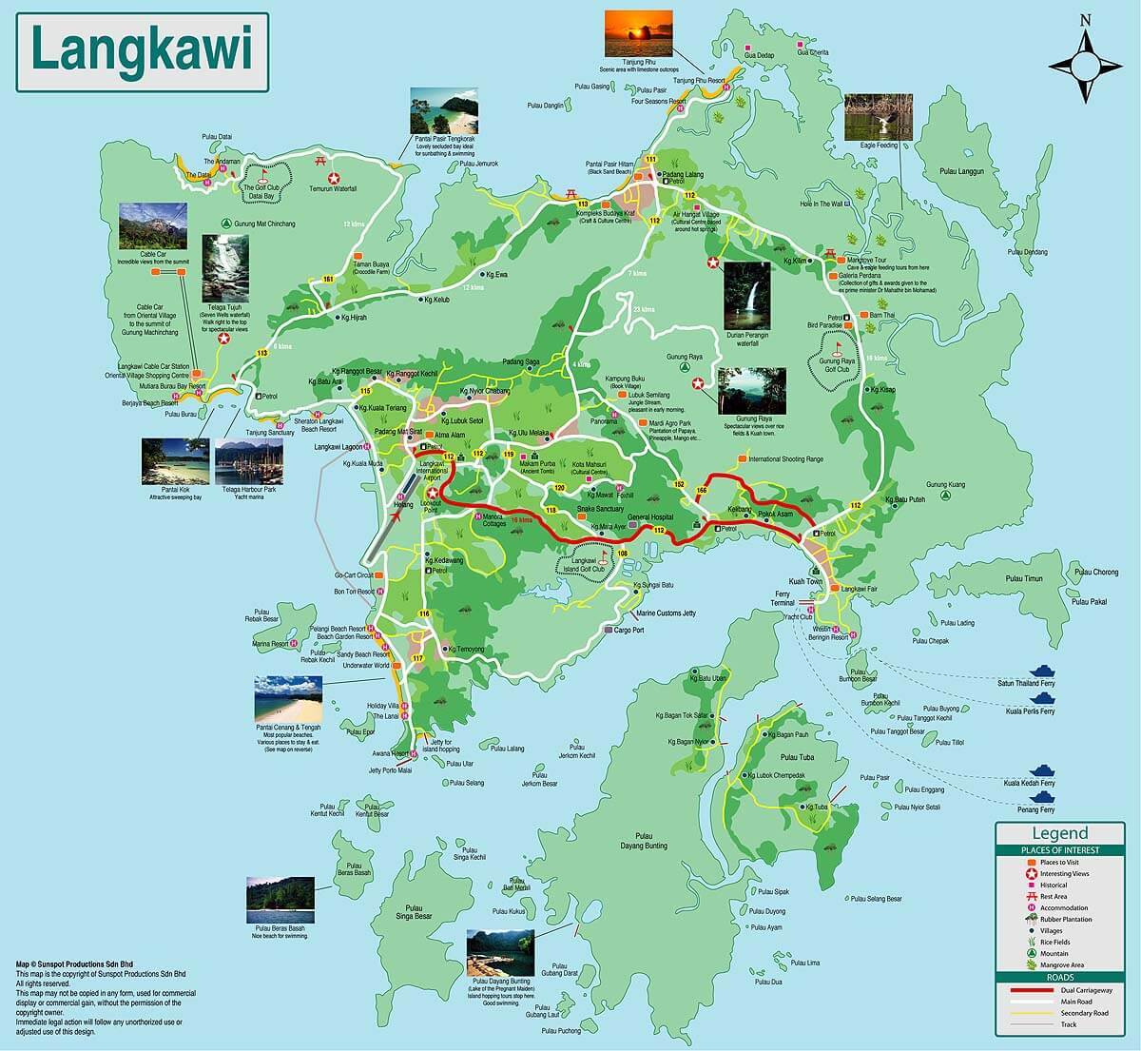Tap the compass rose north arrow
point(1085,38)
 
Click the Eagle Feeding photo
point(878,118)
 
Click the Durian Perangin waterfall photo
point(747,296)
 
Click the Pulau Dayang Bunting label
point(644,840)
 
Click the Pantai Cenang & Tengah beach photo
point(287,699)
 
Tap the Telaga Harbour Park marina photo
point(249,461)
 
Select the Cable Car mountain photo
point(152,225)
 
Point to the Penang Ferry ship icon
point(1044,797)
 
